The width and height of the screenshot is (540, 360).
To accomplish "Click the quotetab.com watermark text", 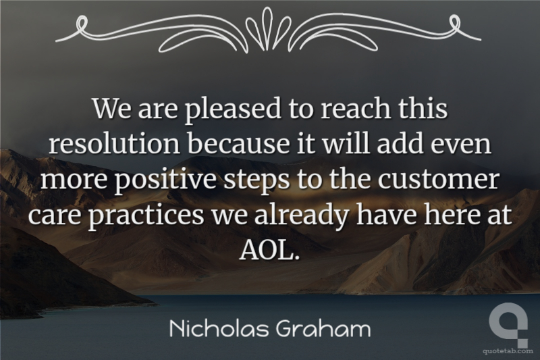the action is [x=508, y=351].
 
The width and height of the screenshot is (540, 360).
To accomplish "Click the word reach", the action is [x=356, y=108].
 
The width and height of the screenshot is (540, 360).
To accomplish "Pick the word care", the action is [x=55, y=215].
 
